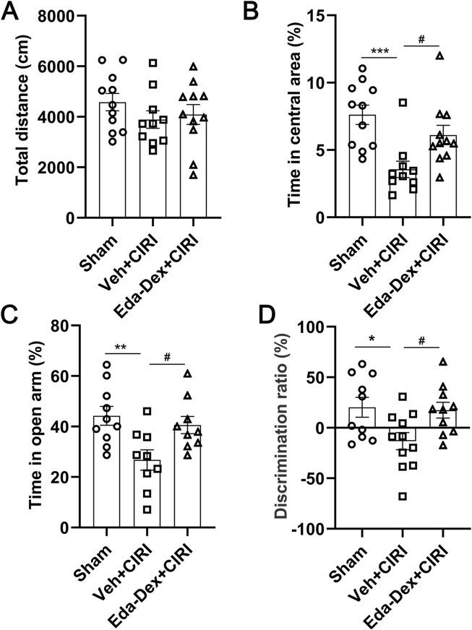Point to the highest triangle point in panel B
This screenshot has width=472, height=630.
pyautogui.click(x=439, y=56)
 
